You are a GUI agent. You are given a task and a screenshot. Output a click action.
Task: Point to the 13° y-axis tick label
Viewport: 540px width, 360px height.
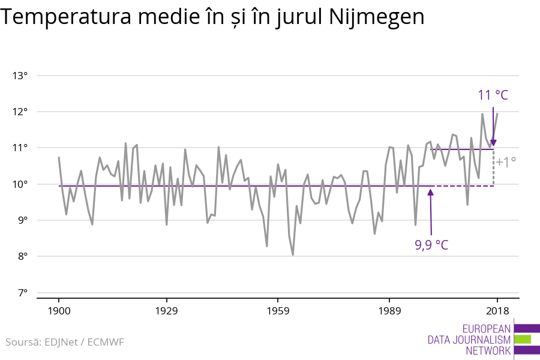pyautogui.click(x=20, y=76)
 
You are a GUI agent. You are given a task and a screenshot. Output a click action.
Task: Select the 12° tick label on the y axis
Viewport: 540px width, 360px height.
pyautogui.click(x=20, y=112)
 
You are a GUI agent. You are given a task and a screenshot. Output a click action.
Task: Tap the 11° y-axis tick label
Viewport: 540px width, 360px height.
pyautogui.click(x=20, y=148)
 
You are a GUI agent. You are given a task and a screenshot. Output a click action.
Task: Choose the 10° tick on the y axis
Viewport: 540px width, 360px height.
pyautogui.click(x=20, y=184)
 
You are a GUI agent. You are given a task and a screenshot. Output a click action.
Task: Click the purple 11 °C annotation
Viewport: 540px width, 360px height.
pyautogui.click(x=493, y=95)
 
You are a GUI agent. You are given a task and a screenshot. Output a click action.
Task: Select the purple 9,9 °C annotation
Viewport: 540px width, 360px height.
pyautogui.click(x=431, y=245)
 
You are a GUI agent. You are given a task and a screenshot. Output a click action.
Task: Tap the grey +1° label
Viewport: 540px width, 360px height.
pyautogui.click(x=506, y=162)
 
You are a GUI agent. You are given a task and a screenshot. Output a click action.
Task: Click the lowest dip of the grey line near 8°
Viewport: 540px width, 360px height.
pyautogui.click(x=293, y=254)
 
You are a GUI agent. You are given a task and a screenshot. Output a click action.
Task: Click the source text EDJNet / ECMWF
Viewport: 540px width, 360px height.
pyautogui.click(x=88, y=342)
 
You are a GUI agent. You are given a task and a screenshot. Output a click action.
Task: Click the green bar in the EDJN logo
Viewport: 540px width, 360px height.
pyautogui.click(x=523, y=339)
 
